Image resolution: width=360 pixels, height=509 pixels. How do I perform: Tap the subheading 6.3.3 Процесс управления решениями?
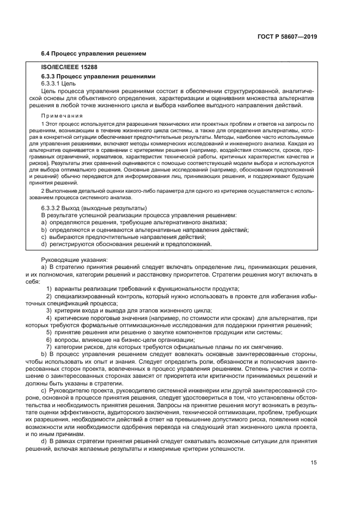[91, 77]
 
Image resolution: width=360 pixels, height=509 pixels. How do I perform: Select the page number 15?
[314, 462]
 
